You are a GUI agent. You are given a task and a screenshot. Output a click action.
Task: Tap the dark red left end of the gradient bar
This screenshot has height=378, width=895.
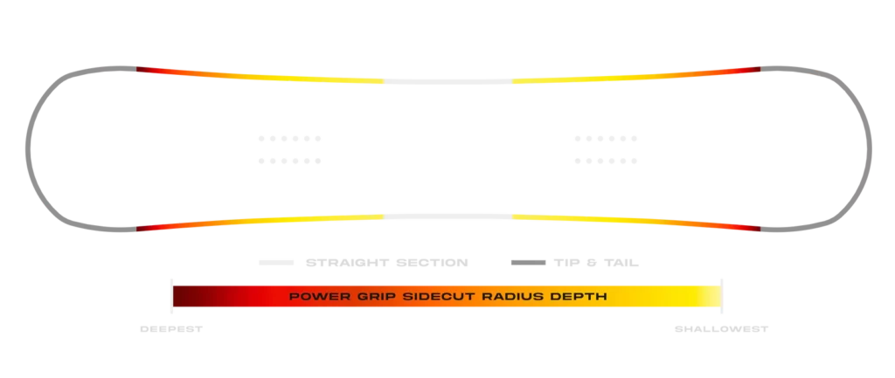tap(184, 297)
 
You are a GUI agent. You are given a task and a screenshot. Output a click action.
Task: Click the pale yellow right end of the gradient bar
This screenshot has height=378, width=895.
tap(712, 297)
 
